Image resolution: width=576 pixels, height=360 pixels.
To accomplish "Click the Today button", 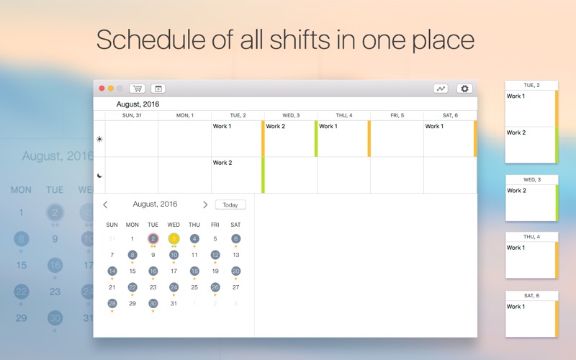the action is click(x=230, y=204).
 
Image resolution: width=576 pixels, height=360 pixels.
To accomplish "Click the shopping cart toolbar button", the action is click(x=137, y=89).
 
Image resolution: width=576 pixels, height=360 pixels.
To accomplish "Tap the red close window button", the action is click(x=102, y=88).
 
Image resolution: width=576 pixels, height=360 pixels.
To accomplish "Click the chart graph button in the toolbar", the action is click(x=441, y=89).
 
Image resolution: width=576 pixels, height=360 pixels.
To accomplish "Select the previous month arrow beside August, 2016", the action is click(x=105, y=204).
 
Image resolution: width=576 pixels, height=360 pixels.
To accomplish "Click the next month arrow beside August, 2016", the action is click(x=205, y=204).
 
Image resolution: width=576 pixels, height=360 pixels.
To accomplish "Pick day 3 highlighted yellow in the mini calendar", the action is click(x=174, y=239).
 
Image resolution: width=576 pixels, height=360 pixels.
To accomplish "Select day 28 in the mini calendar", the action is click(x=112, y=303).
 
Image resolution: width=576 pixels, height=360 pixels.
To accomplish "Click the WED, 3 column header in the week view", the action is click(x=291, y=115).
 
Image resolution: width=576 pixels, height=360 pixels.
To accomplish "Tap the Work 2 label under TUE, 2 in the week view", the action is click(x=222, y=163).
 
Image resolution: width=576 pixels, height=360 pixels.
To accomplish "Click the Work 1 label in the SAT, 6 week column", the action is click(x=434, y=127).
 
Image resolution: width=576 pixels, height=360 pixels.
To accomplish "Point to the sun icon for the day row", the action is click(x=99, y=139).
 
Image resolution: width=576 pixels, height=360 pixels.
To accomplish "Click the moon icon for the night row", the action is click(x=99, y=176).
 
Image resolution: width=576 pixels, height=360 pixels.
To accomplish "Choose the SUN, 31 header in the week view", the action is click(x=132, y=115).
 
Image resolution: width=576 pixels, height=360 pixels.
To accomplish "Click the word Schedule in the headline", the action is click(x=151, y=40).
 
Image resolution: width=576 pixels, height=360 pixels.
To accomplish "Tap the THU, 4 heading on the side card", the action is click(x=531, y=237).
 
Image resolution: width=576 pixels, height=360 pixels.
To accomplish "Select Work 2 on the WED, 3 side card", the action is click(x=516, y=191).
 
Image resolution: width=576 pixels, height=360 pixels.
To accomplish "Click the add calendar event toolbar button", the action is click(x=158, y=89).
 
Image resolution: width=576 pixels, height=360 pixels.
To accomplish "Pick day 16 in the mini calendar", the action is click(x=153, y=271).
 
